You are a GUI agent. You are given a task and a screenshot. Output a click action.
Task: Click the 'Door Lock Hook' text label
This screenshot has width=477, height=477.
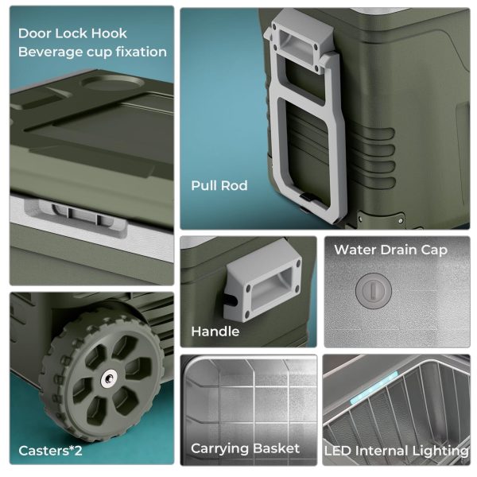(x=72, y=33)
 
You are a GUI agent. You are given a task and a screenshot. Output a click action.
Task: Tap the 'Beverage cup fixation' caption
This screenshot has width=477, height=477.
(x=92, y=52)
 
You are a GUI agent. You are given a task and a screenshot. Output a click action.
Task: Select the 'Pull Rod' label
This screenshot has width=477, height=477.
(x=219, y=185)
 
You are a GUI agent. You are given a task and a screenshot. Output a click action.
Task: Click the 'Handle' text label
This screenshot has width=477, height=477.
(x=215, y=332)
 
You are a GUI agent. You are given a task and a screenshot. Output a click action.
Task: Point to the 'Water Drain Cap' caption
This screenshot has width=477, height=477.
(x=390, y=250)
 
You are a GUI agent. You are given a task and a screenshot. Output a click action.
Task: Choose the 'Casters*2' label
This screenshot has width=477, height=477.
(x=50, y=451)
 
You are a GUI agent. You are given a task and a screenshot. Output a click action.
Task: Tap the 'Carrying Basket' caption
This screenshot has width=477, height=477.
(x=245, y=448)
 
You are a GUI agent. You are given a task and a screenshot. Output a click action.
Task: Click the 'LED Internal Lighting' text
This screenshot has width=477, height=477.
(x=397, y=451)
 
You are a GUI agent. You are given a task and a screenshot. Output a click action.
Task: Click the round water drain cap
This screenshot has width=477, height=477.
(x=374, y=291)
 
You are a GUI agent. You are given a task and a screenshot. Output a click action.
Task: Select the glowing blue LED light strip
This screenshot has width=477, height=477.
(x=374, y=388)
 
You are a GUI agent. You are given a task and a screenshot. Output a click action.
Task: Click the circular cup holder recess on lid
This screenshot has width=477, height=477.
(x=113, y=83)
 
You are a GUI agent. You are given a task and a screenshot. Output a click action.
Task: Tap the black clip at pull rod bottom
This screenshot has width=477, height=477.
(x=308, y=197)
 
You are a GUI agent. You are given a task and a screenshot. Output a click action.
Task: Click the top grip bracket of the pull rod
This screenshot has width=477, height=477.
(x=299, y=43)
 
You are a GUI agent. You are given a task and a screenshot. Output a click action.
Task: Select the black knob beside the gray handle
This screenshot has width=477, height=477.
(x=231, y=300)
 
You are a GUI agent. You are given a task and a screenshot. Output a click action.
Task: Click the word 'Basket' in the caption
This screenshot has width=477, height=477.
(x=277, y=448)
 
